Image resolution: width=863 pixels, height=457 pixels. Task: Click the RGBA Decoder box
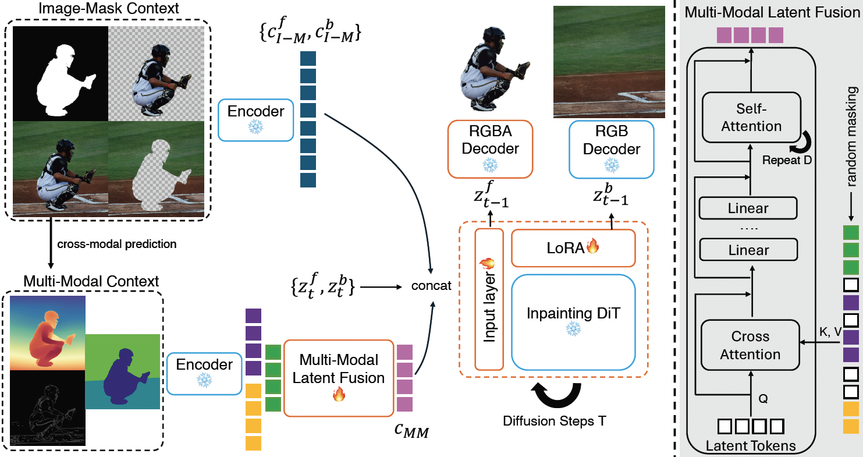[489, 148]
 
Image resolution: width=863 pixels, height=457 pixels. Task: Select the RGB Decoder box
[611, 148]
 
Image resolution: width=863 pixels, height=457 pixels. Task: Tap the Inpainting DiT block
[573, 321]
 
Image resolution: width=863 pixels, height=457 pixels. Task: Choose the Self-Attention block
[751, 118]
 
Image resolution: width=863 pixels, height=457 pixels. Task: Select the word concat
[431, 286]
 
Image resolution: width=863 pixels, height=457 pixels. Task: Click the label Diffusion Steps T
[554, 420]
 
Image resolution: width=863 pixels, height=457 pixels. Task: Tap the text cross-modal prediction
[116, 244]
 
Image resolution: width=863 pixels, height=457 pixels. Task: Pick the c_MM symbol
[411, 431]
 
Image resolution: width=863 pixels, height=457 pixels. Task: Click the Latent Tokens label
[750, 447]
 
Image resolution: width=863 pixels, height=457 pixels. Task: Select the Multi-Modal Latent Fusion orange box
[338, 369]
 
